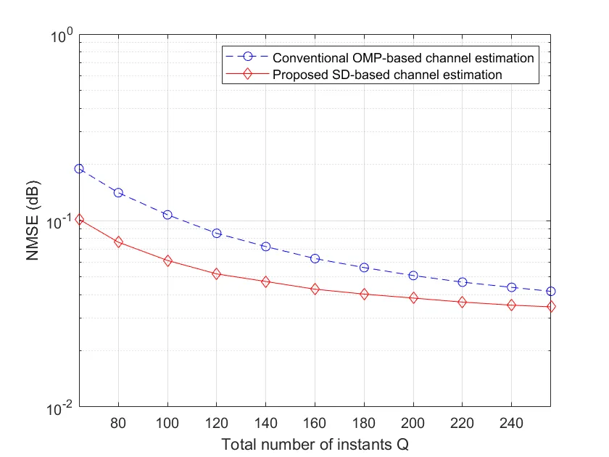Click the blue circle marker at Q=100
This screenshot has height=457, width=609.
(x=167, y=215)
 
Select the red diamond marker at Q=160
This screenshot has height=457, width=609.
(x=315, y=289)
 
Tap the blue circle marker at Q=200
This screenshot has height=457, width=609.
(x=413, y=276)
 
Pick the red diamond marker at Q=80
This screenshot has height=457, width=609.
(x=118, y=242)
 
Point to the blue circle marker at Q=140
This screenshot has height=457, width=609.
(x=266, y=247)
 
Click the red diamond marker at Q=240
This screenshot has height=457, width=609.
(x=511, y=305)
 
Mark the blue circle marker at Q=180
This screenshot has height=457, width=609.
(x=364, y=268)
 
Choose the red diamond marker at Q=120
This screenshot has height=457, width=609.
(x=217, y=273)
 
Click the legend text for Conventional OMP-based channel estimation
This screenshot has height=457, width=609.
(x=404, y=57)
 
